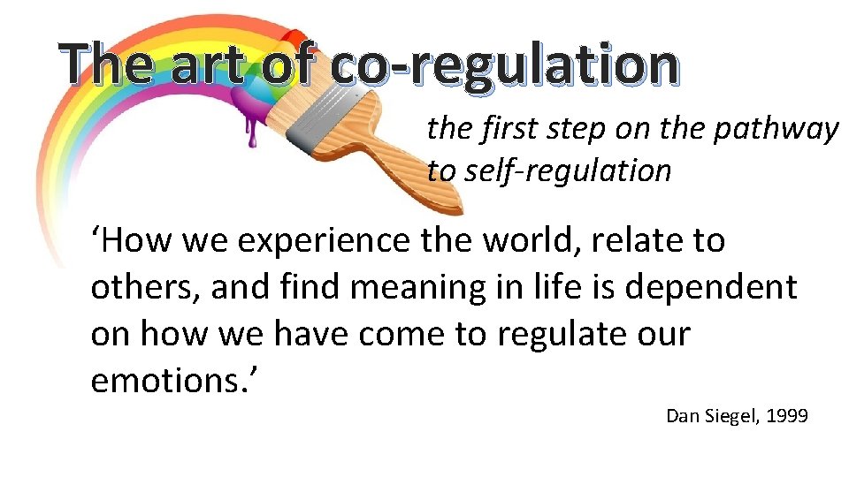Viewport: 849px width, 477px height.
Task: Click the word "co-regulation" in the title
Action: [505, 66]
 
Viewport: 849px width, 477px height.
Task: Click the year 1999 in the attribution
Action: [788, 415]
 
